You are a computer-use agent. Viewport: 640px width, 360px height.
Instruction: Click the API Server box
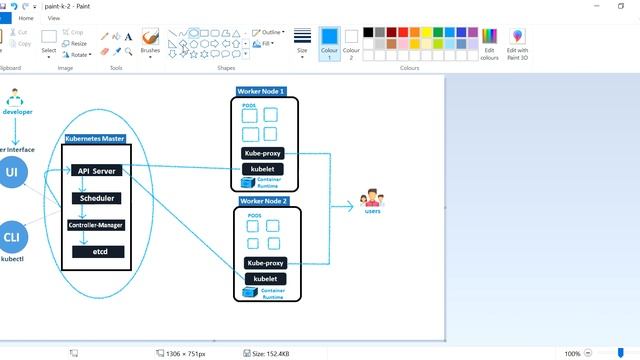tap(98, 171)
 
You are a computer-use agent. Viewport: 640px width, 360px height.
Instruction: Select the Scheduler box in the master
tap(98, 198)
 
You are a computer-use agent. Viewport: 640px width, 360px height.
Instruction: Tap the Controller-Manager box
tap(96, 225)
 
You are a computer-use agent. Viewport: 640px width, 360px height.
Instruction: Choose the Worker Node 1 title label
tap(261, 91)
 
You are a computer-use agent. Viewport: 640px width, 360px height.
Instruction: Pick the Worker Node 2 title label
tap(264, 201)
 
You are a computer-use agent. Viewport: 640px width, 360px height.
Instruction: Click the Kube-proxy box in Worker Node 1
tap(265, 154)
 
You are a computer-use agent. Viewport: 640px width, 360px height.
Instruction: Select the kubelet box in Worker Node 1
tap(265, 169)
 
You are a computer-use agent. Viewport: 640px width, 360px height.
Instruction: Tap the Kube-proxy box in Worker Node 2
tap(265, 263)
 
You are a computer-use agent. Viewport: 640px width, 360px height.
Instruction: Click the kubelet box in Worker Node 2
tap(265, 278)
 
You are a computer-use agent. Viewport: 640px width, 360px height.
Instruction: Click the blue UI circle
tap(13, 173)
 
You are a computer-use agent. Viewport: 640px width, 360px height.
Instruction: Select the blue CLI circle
tap(12, 237)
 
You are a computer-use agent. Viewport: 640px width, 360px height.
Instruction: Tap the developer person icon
tap(16, 99)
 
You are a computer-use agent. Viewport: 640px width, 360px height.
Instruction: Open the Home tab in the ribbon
tap(25, 18)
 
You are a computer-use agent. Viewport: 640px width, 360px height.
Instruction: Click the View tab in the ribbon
tap(53, 18)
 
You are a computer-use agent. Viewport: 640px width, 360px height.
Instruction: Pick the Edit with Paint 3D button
tap(517, 43)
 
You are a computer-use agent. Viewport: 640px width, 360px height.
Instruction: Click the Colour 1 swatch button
tap(330, 44)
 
